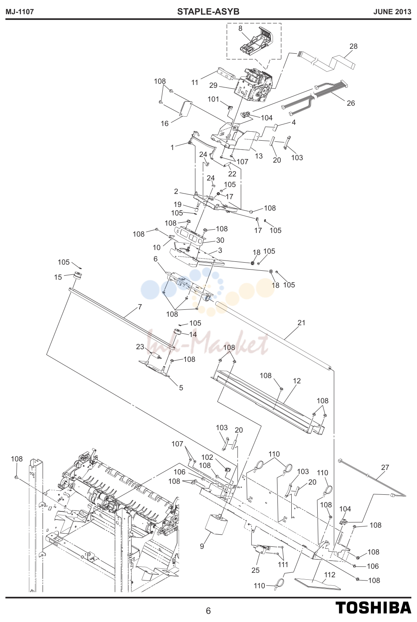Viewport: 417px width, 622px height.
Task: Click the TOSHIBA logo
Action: [x=373, y=608]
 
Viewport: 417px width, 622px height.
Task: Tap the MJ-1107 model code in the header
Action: [x=20, y=12]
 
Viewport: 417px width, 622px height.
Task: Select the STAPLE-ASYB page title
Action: [x=208, y=11]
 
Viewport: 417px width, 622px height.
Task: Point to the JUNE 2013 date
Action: [x=392, y=12]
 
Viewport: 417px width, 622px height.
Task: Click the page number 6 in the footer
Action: [x=208, y=611]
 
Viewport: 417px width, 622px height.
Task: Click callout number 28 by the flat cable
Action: [x=354, y=46]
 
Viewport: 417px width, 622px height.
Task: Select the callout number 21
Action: [x=301, y=323]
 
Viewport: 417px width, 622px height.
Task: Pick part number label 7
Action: [x=140, y=307]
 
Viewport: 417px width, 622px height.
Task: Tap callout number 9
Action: [x=202, y=546]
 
